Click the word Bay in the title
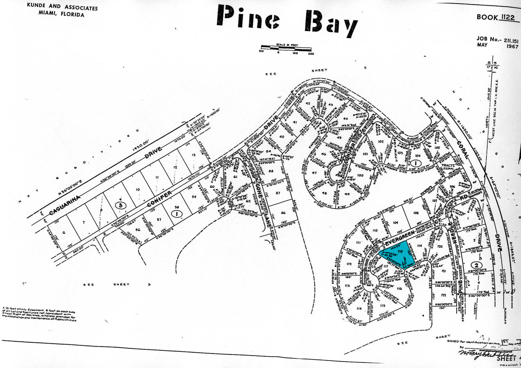coord(331,22)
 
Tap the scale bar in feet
coord(286,48)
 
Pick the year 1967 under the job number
coord(512,46)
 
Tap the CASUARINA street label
coord(65,205)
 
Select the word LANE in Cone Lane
coord(267,220)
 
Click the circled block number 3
coord(120,205)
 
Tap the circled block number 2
coord(476,265)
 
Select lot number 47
coord(314,173)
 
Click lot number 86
coord(283,213)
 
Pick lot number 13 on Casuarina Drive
coord(194,155)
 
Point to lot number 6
coord(64,232)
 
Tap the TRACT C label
coord(448,165)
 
